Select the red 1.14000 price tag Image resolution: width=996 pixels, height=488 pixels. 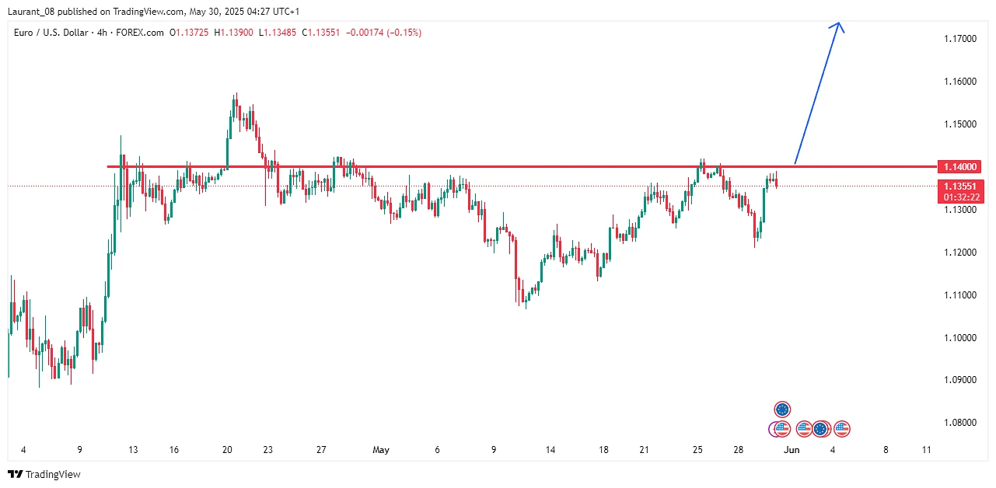pos(961,166)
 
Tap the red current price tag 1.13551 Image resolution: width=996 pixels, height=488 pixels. pos(961,186)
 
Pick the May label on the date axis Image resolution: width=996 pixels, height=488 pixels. pos(381,450)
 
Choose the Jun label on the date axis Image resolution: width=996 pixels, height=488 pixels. pos(792,450)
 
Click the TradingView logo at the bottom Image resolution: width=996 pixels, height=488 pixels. pos(44,474)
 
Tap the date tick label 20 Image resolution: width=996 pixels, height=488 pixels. pos(227,450)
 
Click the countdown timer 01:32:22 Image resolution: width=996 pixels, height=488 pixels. pos(961,197)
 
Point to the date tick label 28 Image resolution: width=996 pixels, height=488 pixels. pos(738,450)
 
